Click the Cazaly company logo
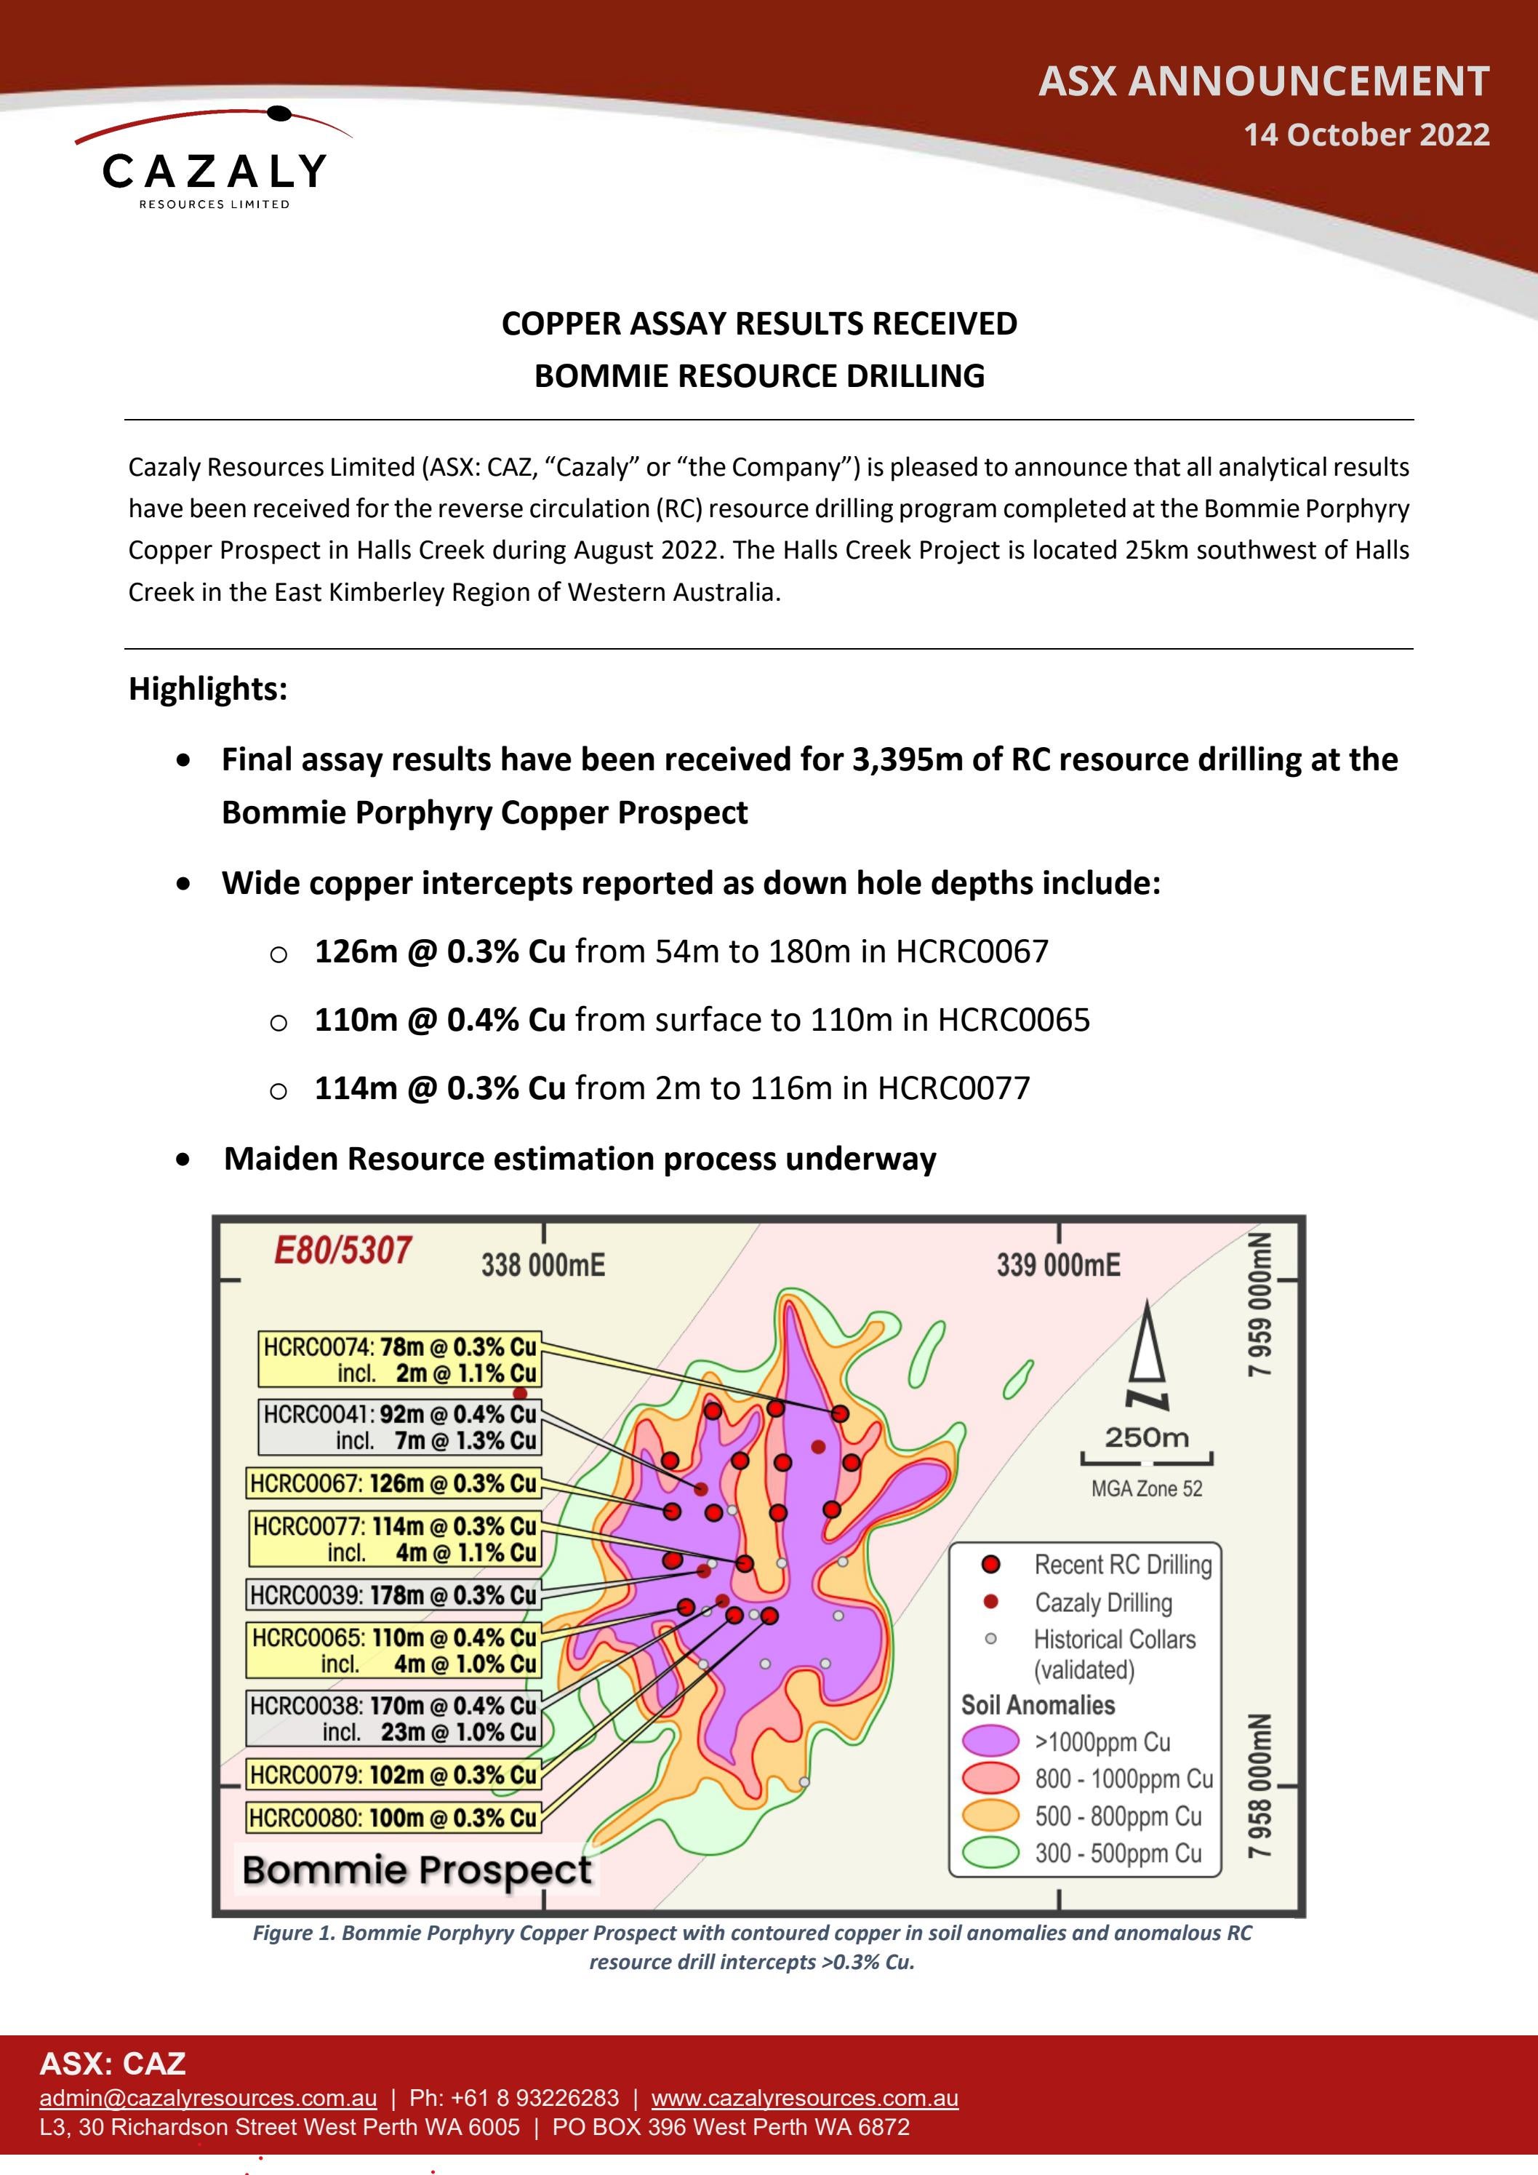tap(213, 159)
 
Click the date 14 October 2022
tap(1366, 135)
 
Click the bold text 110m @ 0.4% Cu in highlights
tap(439, 1019)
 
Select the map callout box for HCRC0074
tap(398, 1360)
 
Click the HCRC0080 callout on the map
tap(393, 1818)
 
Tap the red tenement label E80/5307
tap(343, 1250)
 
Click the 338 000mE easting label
tap(542, 1265)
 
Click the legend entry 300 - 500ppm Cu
tap(1118, 1853)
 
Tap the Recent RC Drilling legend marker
tap(990, 1564)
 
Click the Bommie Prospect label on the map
tap(417, 1870)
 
